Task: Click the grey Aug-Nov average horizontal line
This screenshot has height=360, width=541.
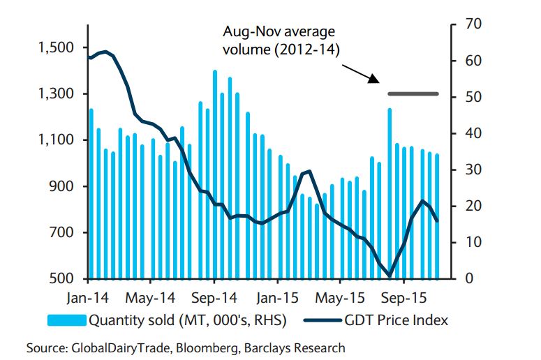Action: click(x=413, y=93)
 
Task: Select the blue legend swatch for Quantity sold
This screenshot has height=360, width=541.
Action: click(x=67, y=321)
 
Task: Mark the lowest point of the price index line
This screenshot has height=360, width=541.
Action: click(x=390, y=276)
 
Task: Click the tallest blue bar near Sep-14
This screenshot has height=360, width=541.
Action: click(x=214, y=174)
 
